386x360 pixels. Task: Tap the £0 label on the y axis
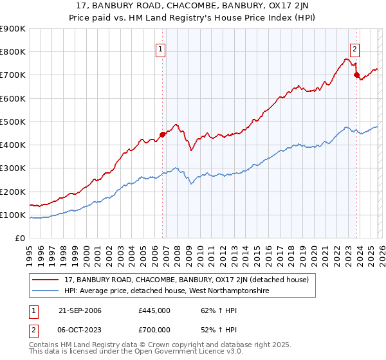20,239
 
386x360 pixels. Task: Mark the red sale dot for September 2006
162,134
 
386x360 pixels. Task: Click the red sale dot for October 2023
356,75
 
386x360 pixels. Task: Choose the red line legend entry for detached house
187,280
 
